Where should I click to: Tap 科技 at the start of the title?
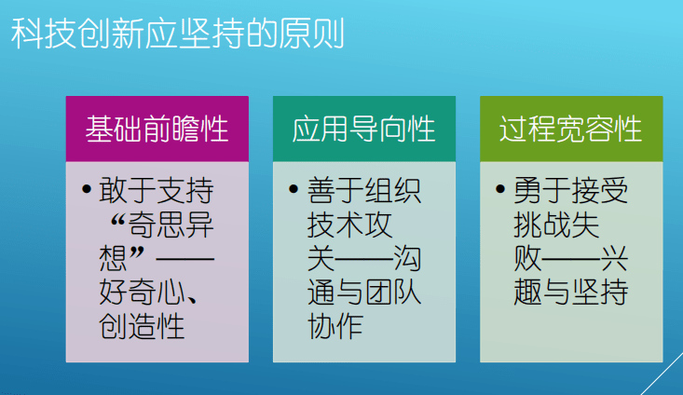pyautogui.click(x=44, y=34)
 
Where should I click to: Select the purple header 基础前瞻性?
pyautogui.click(x=157, y=129)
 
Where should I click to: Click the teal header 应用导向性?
pyautogui.click(x=363, y=129)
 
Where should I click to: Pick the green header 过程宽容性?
pyautogui.click(x=570, y=129)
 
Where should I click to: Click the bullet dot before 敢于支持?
pyautogui.click(x=87, y=189)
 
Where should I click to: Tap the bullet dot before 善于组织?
pyautogui.click(x=294, y=189)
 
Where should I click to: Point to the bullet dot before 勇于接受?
pyautogui.click(x=500, y=189)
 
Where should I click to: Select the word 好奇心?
pyautogui.click(x=142, y=293)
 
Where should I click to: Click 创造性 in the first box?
pyautogui.click(x=142, y=326)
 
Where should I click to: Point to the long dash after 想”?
pyautogui.click(x=185, y=259)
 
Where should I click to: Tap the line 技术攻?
pyautogui.click(x=349, y=225)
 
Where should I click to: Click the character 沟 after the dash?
pyautogui.click(x=408, y=258)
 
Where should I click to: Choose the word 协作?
pyautogui.click(x=335, y=326)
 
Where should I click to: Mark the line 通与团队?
pyautogui.click(x=364, y=293)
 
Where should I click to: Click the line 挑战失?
pyautogui.click(x=556, y=225)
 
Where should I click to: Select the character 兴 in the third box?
pyautogui.click(x=614, y=258)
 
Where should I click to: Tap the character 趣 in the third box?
pyautogui.click(x=528, y=293)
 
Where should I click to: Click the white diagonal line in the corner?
pyautogui.click(x=663, y=374)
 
